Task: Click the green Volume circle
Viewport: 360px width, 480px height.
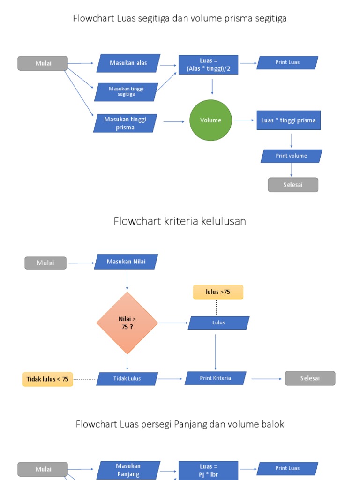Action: point(210,120)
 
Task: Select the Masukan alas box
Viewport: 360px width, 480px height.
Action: point(128,63)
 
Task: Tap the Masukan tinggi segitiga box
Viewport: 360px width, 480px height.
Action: point(126,91)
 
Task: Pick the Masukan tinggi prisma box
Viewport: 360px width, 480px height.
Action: point(125,123)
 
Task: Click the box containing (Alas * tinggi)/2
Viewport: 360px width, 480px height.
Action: point(208,65)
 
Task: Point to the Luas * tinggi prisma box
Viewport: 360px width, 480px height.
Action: point(288,120)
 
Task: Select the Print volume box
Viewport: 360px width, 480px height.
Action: point(291,156)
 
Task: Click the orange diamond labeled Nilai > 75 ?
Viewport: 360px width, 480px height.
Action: point(127,322)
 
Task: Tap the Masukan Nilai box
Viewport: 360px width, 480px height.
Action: point(126,262)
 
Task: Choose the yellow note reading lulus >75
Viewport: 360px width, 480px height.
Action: point(218,292)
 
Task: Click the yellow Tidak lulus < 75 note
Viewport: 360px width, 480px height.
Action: point(48,379)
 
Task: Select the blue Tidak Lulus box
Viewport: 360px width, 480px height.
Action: point(127,379)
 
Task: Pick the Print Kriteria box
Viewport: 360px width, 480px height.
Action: point(216,378)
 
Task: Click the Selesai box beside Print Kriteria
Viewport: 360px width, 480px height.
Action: point(310,378)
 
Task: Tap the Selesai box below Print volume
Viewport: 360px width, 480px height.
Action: point(293,185)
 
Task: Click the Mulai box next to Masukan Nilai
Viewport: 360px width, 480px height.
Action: point(45,263)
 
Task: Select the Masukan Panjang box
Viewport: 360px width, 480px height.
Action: point(128,470)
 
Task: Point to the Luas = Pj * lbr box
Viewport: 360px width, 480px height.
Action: point(208,470)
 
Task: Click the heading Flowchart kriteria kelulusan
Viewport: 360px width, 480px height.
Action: point(180,221)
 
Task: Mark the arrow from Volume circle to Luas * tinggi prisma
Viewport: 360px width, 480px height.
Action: point(244,120)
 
